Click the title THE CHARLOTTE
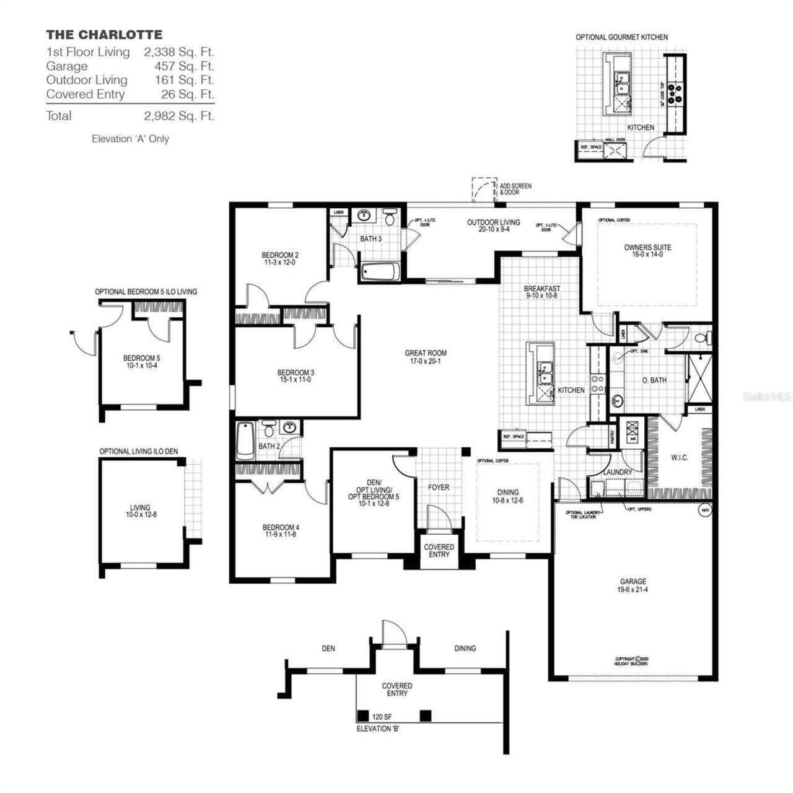pos(104,35)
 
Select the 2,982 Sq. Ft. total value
pos(179,116)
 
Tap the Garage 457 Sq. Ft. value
pos(184,66)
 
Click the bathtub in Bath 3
pos(380,272)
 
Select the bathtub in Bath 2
pos(245,440)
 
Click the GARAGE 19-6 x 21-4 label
pos(633,585)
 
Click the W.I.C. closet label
pos(679,458)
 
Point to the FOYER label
pos(439,488)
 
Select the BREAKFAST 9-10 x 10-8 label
pos(541,292)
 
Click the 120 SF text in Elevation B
pos(382,717)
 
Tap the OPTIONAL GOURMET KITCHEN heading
pos(621,37)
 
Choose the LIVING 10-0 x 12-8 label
pos(140,510)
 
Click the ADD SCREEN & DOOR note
pos(515,189)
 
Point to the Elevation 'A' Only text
pos(130,139)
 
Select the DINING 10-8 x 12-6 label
pos(507,496)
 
